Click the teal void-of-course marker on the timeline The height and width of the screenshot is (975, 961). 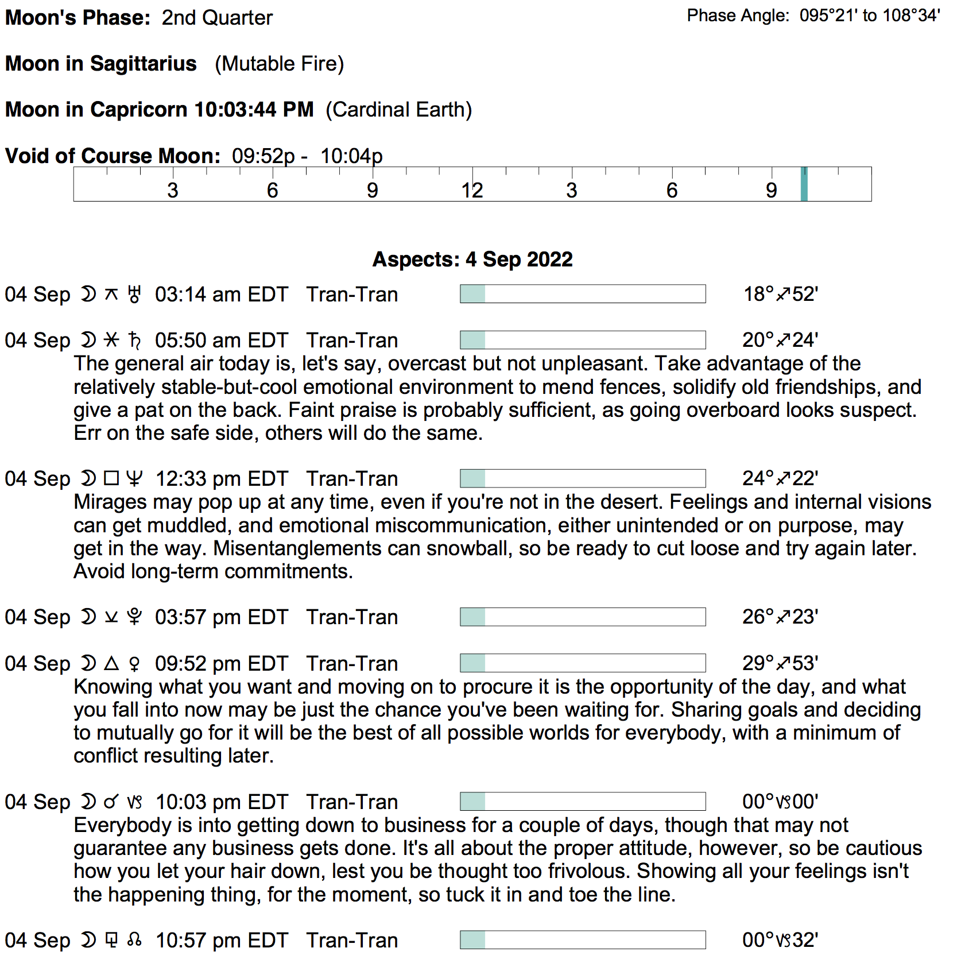point(804,184)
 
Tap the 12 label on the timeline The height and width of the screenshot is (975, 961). point(472,190)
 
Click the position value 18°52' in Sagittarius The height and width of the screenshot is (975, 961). point(780,294)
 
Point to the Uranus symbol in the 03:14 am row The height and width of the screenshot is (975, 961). point(134,295)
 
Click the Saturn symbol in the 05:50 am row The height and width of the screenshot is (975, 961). point(134,341)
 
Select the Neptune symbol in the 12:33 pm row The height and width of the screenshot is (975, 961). point(134,479)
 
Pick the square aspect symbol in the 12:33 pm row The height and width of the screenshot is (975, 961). point(111,478)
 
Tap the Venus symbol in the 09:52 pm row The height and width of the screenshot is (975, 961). point(134,664)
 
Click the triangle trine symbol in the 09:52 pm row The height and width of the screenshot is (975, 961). point(111,664)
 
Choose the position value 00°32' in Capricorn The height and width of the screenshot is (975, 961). point(780,940)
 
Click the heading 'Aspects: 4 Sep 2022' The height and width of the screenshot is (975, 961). point(472,260)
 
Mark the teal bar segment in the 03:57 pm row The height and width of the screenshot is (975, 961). point(472,617)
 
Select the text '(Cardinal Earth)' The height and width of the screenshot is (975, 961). point(398,110)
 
